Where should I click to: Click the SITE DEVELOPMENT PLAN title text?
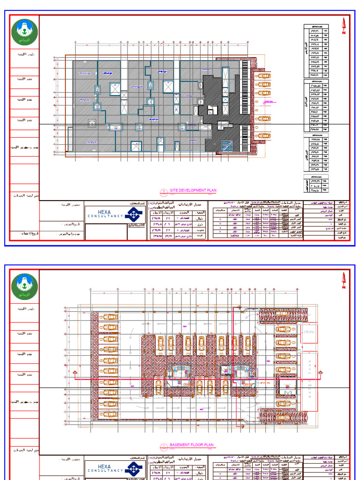pyautogui.click(x=193, y=191)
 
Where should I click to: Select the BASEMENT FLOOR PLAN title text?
pyautogui.click(x=191, y=445)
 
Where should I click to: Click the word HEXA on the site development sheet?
pyautogui.click(x=104, y=211)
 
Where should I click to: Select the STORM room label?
pyautogui.click(x=308, y=332)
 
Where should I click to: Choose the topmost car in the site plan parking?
pyautogui.click(x=263, y=75)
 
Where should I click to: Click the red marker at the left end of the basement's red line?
pyautogui.click(x=75, y=374)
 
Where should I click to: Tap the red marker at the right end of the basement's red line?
pyautogui.click(x=321, y=374)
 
